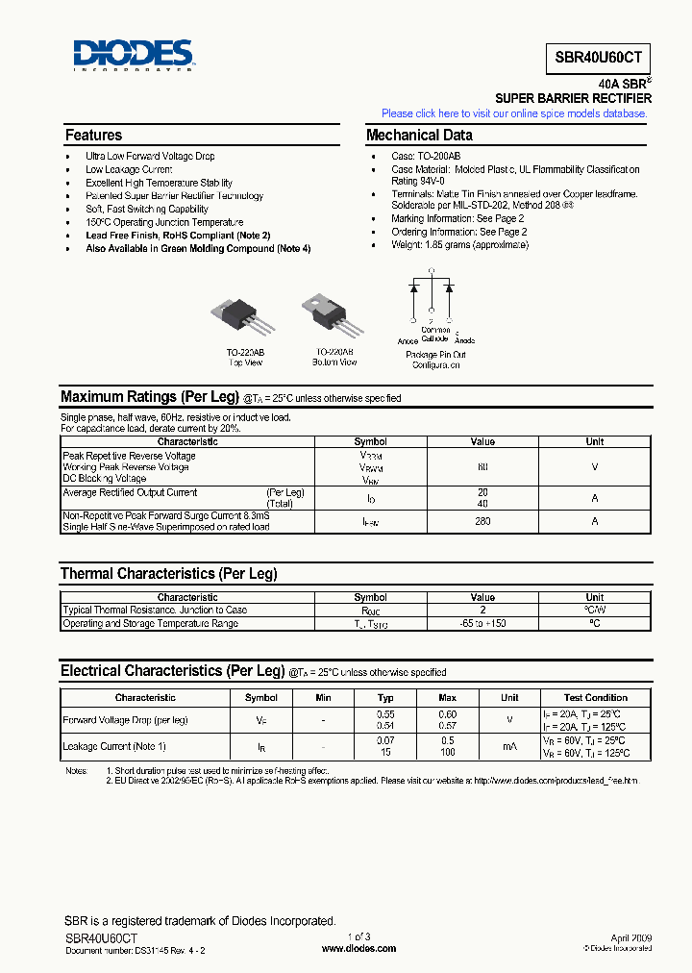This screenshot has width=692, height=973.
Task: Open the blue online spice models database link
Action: (514, 113)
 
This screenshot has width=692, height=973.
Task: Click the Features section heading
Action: (93, 136)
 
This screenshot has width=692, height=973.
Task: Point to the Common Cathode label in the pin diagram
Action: (434, 334)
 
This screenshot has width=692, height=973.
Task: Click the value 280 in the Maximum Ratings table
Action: (482, 521)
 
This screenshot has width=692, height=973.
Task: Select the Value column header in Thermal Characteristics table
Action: (482, 597)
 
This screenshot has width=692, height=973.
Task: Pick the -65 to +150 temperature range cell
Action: (482, 623)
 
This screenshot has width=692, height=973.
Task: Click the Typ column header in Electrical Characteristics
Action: (385, 698)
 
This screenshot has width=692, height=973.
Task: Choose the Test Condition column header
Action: (596, 698)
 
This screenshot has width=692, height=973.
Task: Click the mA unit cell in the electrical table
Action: (509, 746)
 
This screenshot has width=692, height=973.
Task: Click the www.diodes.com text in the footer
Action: (358, 948)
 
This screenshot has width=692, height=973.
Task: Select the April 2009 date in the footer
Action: (631, 936)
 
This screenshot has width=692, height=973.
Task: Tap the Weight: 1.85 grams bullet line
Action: (458, 245)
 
